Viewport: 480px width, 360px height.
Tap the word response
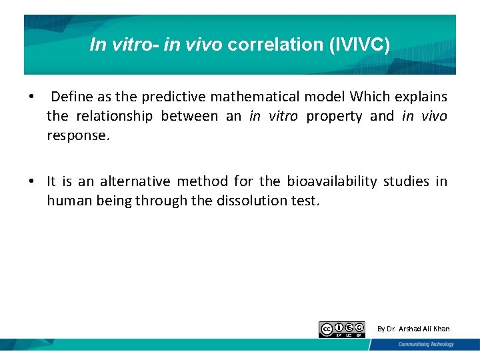coord(77,135)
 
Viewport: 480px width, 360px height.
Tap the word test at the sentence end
coord(305,201)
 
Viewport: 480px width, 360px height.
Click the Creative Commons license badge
coord(342,329)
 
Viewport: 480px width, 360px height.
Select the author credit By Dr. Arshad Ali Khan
coord(413,329)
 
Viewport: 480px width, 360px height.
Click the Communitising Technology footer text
coord(426,344)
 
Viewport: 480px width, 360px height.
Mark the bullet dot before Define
coord(31,97)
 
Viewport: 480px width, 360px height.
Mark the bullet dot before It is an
coord(31,182)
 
